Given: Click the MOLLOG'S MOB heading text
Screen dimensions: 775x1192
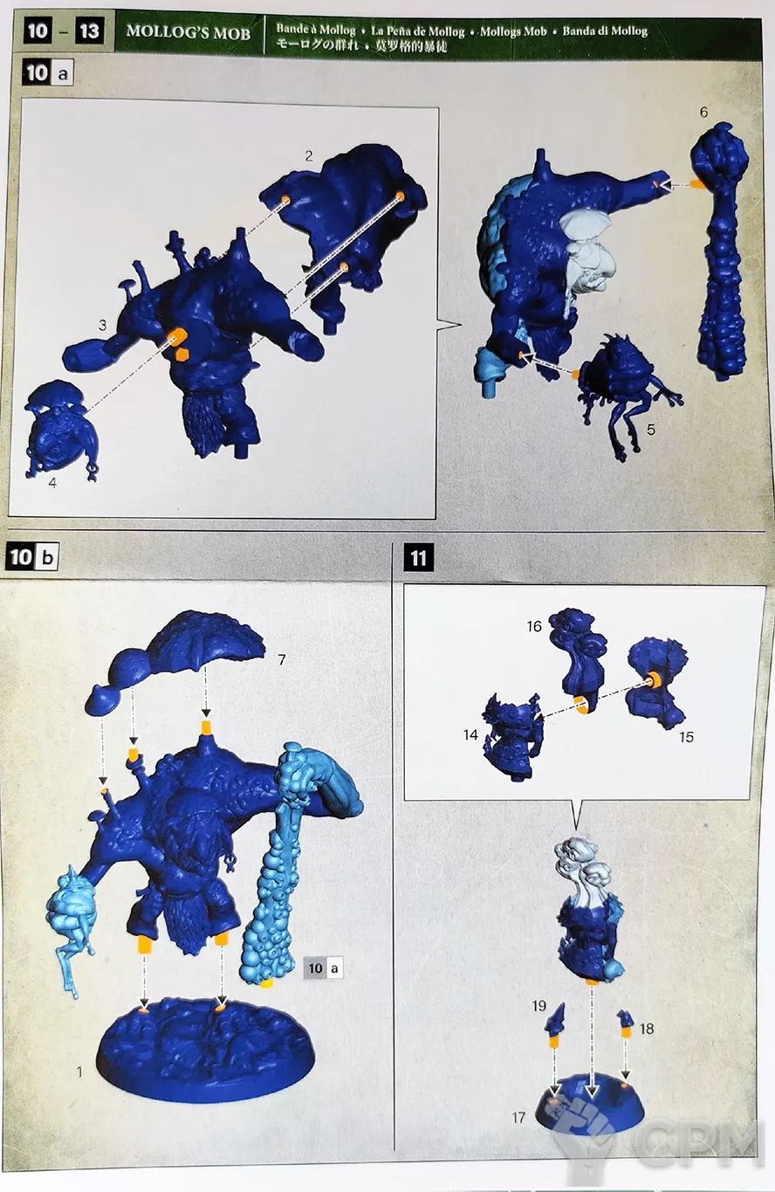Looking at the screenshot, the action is [x=189, y=33].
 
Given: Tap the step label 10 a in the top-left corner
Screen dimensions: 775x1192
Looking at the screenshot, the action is [x=47, y=72].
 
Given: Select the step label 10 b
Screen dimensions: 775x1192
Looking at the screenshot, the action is [x=32, y=556].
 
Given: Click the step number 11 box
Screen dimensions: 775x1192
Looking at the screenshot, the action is [x=419, y=558].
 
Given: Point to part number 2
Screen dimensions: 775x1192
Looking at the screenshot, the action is [x=308, y=156].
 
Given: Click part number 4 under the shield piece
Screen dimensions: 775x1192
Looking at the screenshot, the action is [x=52, y=483].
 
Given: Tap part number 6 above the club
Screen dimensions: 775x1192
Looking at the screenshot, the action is [x=703, y=113].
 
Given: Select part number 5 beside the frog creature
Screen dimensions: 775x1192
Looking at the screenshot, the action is [x=650, y=430].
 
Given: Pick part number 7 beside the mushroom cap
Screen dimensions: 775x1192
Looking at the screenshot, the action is [x=282, y=659].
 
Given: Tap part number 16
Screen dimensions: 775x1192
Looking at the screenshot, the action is [x=534, y=626].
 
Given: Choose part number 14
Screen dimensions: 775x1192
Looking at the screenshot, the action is [x=470, y=735].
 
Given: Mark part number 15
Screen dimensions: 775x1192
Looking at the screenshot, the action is [x=686, y=737].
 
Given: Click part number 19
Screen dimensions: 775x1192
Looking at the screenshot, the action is [x=538, y=1006].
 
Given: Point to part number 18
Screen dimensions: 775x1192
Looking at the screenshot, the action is [x=647, y=1029].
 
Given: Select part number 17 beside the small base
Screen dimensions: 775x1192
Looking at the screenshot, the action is [x=518, y=1118].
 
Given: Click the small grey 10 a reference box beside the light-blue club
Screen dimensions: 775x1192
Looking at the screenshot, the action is [x=324, y=968].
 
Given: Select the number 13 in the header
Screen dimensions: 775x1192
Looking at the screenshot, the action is [x=89, y=31].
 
